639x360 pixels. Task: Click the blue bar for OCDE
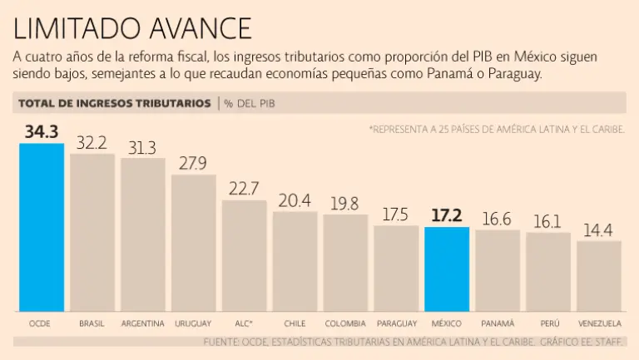click(x=42, y=226)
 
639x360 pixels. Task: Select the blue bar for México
click(x=447, y=269)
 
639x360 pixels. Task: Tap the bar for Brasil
click(x=92, y=232)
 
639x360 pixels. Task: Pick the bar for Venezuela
click(x=599, y=275)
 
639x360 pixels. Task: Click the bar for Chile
click(x=295, y=261)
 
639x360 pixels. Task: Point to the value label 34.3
click(x=42, y=131)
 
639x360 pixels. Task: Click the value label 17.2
click(x=447, y=215)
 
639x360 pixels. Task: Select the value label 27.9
click(x=193, y=163)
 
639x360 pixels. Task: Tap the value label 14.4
click(x=599, y=229)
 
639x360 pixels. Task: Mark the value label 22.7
click(x=244, y=189)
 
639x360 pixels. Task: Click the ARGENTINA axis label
click(x=142, y=323)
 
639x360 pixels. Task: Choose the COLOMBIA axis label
click(x=345, y=323)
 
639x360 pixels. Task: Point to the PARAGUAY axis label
click(x=396, y=323)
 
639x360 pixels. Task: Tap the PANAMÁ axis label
click(x=498, y=323)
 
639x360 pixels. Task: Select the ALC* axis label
click(x=244, y=323)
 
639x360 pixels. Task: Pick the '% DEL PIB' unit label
click(x=250, y=103)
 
